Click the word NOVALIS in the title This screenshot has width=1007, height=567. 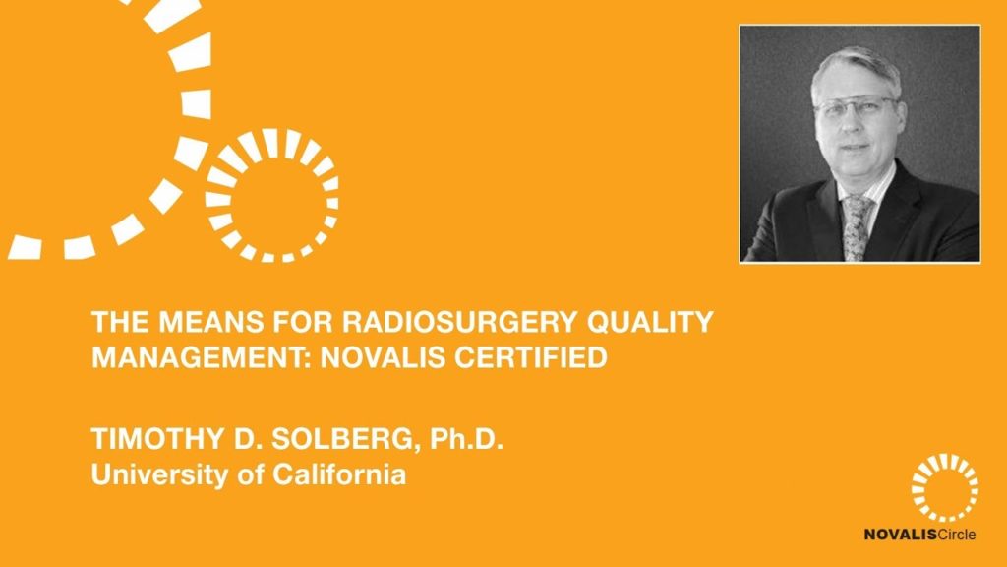(383, 356)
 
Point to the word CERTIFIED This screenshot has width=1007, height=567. (531, 356)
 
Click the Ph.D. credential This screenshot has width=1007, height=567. (466, 438)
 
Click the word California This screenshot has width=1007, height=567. (339, 474)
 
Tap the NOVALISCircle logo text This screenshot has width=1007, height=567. (919, 535)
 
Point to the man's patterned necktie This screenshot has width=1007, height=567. (858, 227)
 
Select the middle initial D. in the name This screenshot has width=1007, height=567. (243, 438)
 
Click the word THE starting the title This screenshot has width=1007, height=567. (120, 322)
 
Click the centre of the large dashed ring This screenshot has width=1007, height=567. (271, 196)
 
